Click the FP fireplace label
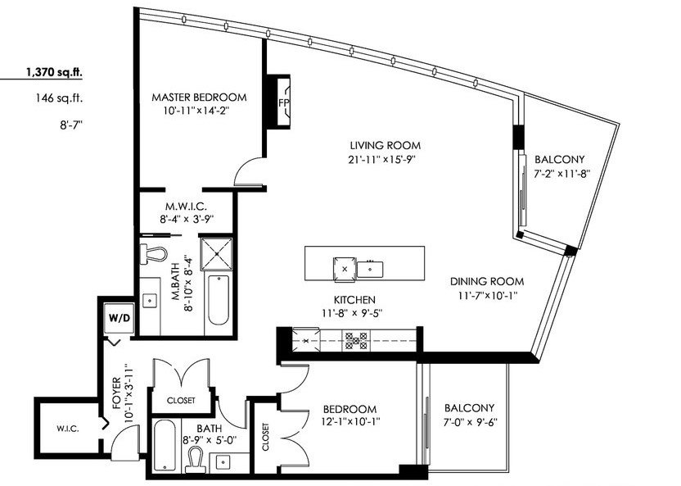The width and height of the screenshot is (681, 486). pyautogui.click(x=283, y=103)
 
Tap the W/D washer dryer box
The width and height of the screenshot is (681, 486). pyautogui.click(x=120, y=318)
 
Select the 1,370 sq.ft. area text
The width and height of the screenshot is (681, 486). pyautogui.click(x=54, y=73)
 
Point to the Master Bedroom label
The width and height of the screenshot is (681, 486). pyautogui.click(x=199, y=97)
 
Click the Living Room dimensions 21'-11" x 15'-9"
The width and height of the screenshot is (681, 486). pyautogui.click(x=382, y=159)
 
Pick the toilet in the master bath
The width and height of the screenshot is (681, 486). pyautogui.click(x=153, y=253)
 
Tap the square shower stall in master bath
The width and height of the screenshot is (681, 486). pyautogui.click(x=216, y=254)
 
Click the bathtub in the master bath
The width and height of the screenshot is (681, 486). pyautogui.click(x=219, y=300)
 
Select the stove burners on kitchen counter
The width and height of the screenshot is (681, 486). pyautogui.click(x=356, y=340)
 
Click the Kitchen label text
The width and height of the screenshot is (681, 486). pyautogui.click(x=354, y=299)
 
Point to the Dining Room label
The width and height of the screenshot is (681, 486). pyautogui.click(x=487, y=281)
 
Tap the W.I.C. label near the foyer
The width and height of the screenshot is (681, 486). pyautogui.click(x=67, y=429)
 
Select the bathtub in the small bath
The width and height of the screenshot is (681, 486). pyautogui.click(x=165, y=446)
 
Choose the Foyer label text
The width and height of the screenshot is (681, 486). pyautogui.click(x=116, y=393)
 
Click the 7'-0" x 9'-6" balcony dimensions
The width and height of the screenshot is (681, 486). pyautogui.click(x=470, y=421)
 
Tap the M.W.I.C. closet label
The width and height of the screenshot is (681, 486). pyautogui.click(x=186, y=206)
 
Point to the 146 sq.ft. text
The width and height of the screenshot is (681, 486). pyautogui.click(x=60, y=98)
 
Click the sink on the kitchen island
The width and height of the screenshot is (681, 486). pyautogui.click(x=370, y=269)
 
